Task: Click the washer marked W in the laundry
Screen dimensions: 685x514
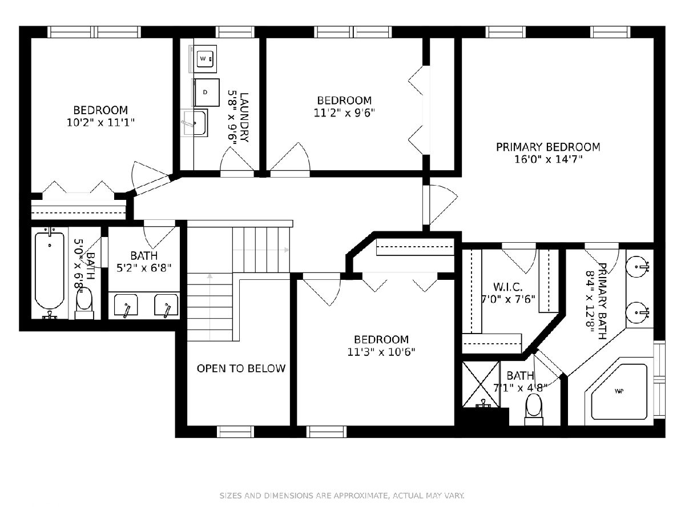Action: (206, 59)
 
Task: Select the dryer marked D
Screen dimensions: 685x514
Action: (206, 93)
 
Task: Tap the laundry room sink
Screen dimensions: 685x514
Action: (195, 123)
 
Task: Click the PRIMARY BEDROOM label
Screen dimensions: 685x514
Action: (548, 147)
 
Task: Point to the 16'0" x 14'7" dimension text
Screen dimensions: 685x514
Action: (549, 159)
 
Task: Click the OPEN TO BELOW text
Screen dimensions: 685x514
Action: (241, 368)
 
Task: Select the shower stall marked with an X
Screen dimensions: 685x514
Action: (481, 384)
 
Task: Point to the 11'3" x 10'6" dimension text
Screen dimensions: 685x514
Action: (381, 352)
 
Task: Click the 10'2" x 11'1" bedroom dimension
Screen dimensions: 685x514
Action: (100, 123)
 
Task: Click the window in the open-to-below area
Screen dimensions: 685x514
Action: (236, 432)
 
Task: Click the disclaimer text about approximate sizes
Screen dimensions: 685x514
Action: (342, 495)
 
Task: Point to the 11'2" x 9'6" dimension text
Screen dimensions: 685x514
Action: (344, 113)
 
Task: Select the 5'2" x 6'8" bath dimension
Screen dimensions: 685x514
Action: (144, 268)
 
